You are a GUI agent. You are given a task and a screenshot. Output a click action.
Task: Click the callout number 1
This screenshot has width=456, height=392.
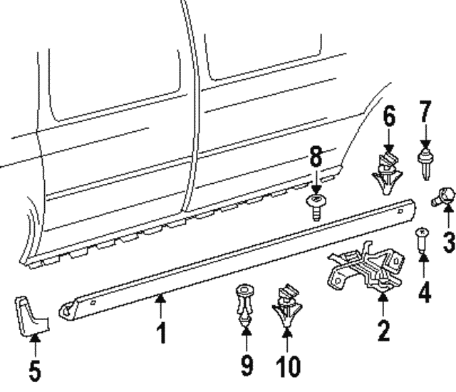(161, 332)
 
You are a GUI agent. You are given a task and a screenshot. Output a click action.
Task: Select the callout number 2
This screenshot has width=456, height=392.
(383, 330)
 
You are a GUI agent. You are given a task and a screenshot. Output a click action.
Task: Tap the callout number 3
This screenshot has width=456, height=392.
(449, 242)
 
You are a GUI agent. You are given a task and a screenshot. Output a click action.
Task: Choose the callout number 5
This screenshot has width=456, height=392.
(35, 370)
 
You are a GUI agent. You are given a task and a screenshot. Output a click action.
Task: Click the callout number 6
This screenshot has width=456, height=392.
(389, 115)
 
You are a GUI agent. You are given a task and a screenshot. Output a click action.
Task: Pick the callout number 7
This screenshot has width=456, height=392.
(425, 111)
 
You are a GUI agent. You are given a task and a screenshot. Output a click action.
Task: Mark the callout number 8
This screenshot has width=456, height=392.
(316, 156)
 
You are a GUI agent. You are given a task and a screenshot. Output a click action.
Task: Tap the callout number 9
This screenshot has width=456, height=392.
(247, 365)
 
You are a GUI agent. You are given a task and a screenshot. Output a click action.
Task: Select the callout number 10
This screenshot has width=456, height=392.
(288, 366)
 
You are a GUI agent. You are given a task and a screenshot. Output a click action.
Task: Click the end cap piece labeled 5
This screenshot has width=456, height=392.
(31, 316)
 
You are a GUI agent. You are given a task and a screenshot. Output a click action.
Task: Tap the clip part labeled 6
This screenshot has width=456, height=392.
(388, 173)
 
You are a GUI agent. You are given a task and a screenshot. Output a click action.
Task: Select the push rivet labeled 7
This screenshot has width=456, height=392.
(426, 165)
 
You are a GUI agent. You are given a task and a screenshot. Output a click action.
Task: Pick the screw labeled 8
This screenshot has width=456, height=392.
(316, 207)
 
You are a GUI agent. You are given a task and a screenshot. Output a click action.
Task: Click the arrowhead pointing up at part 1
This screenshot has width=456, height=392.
(161, 298)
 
